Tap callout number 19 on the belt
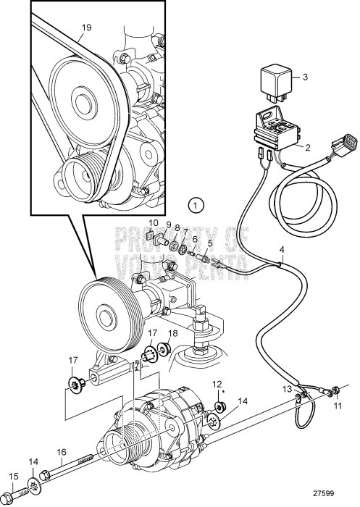click(x=86, y=28)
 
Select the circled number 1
click(x=195, y=205)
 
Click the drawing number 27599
click(x=324, y=493)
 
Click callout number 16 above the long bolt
click(x=62, y=452)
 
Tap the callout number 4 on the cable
click(x=282, y=251)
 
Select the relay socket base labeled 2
click(x=277, y=130)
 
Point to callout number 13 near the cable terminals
click(x=288, y=388)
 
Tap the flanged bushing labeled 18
click(x=163, y=348)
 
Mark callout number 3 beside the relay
click(x=305, y=77)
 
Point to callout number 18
click(x=173, y=333)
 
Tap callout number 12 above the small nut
click(x=217, y=385)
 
